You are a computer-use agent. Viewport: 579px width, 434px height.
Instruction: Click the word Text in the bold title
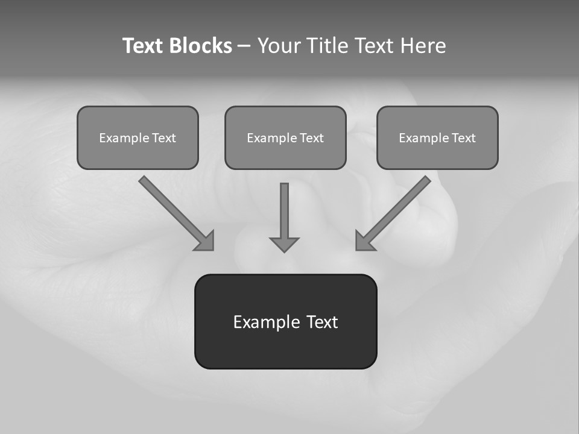click(x=143, y=46)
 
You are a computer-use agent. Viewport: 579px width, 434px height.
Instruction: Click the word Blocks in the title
click(x=200, y=46)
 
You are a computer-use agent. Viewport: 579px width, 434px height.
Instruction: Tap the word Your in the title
click(x=278, y=46)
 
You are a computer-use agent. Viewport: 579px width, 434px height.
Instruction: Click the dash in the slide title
click(x=244, y=46)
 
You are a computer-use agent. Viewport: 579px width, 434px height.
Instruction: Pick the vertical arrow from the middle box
click(x=284, y=211)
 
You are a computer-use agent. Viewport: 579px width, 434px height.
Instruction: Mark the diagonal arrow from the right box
click(x=398, y=209)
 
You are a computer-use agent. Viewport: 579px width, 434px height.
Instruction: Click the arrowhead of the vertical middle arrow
click(x=284, y=244)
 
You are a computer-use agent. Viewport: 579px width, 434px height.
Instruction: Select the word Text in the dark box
click(x=322, y=322)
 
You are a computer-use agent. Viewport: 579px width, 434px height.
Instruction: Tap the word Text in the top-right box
click(x=464, y=138)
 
